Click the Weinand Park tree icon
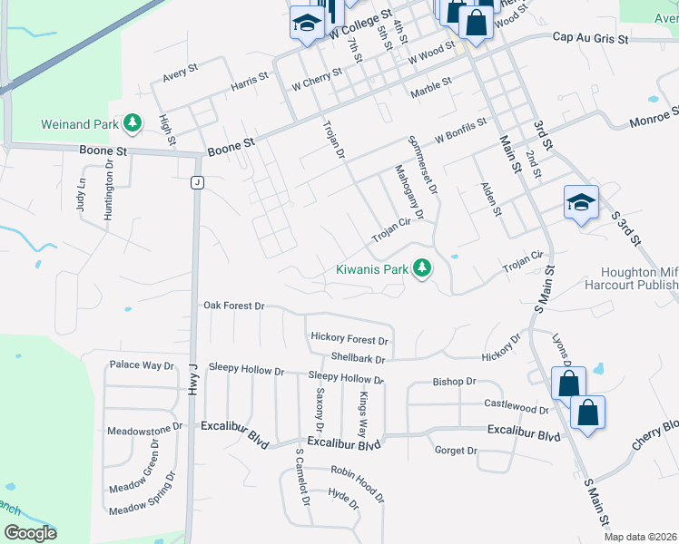[x=133, y=121]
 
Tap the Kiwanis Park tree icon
[x=421, y=268]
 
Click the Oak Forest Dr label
[x=233, y=306]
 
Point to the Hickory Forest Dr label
[x=349, y=338]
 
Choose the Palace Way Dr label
[x=141, y=365]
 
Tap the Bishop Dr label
[x=454, y=383]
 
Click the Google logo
[x=30, y=533]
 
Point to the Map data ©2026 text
[x=640, y=537]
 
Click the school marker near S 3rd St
[x=581, y=203]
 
